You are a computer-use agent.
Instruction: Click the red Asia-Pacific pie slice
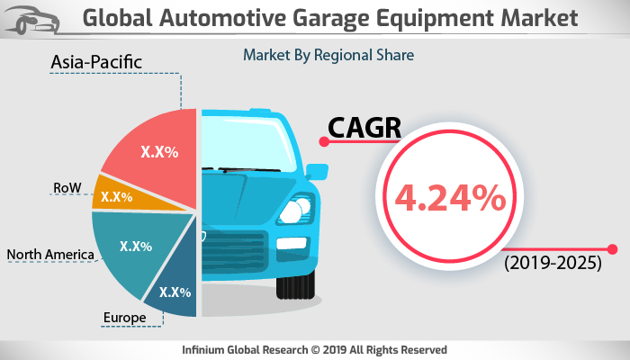click(153, 153)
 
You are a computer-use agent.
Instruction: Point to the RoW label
click(67, 188)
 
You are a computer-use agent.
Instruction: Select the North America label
click(50, 255)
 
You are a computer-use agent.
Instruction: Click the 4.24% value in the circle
click(441, 199)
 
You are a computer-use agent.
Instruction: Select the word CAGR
click(364, 129)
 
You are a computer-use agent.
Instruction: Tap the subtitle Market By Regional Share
click(328, 55)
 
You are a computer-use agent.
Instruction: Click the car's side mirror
click(316, 171)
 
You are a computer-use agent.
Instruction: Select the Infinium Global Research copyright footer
click(315, 349)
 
